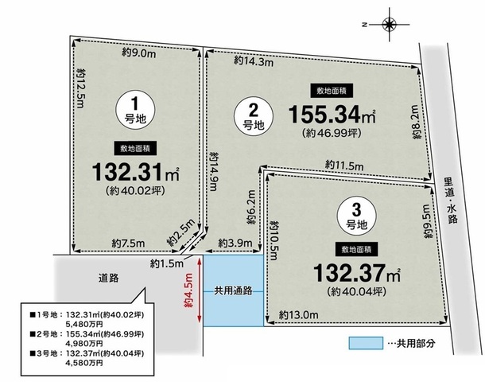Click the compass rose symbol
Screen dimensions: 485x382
389,25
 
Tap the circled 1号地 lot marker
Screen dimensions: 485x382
135,110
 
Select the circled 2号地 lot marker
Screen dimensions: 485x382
254,116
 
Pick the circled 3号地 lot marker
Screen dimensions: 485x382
357,215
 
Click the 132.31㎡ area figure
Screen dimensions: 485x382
136,173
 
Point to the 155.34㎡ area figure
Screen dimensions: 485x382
332,115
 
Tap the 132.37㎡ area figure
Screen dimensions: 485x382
357,273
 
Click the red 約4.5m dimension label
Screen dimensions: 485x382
188,290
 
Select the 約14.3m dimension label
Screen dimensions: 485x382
254,61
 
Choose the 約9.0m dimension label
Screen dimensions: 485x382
139,53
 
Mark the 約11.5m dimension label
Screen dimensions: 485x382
344,166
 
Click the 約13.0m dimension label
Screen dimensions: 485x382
298,315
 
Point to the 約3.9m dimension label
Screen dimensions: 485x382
235,243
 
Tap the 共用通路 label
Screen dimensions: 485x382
233,291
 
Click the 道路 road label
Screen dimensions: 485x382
109,278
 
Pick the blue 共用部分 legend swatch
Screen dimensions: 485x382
366,343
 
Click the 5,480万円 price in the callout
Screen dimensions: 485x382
84,324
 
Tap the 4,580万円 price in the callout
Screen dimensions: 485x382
84,363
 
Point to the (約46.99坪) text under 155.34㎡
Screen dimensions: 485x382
332,133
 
